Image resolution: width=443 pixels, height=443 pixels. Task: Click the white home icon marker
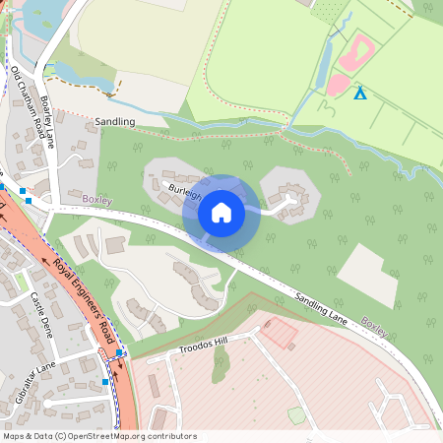click(x=221, y=212)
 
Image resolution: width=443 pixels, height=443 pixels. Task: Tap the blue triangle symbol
click(x=360, y=94)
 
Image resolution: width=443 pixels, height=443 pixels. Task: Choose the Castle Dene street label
click(x=41, y=315)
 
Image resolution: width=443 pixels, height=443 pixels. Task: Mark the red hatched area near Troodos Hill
click(x=279, y=333)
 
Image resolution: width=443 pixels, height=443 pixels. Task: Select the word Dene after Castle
click(x=47, y=327)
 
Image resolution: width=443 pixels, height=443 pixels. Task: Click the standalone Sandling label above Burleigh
click(x=115, y=121)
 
